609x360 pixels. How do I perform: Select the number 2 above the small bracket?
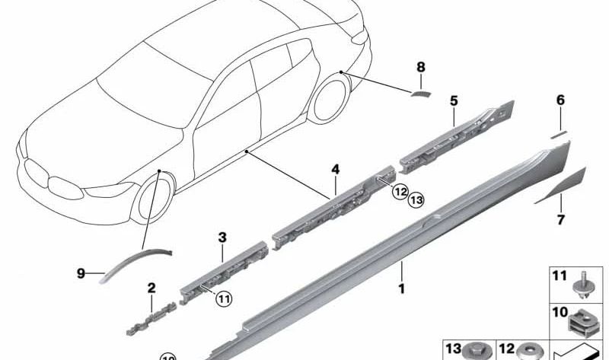coord(151,288)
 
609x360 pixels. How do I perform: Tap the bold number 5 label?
coord(453,100)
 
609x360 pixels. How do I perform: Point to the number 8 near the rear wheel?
coord(421,68)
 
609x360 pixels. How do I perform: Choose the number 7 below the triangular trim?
coord(560,221)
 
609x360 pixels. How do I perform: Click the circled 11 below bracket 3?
coord(223,298)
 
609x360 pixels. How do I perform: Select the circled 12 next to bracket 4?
coord(399,193)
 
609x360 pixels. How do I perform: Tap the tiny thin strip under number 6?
coord(560,132)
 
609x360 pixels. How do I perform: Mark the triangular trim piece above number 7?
coord(564,183)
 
